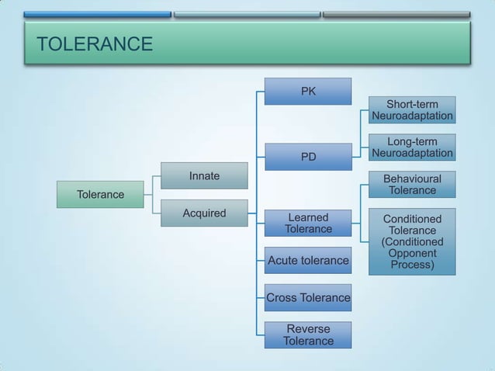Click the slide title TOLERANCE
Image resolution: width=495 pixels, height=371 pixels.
click(95, 44)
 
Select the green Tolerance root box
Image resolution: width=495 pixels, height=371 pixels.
click(100, 194)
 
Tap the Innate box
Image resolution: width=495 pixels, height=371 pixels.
click(204, 176)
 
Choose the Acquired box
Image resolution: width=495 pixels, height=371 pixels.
click(204, 213)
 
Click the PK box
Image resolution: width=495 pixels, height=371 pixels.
click(308, 92)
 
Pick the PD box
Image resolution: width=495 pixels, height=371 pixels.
click(308, 157)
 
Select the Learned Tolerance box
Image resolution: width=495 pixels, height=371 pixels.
click(308, 223)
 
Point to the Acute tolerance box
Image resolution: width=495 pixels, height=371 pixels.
click(308, 260)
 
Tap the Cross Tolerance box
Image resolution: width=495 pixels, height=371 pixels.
click(308, 297)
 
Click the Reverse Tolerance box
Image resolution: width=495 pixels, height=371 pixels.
click(308, 335)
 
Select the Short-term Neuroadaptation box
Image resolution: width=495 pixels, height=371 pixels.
click(412, 110)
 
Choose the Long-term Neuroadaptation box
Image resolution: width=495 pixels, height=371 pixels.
click(412, 147)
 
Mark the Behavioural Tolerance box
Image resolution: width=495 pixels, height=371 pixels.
click(412, 185)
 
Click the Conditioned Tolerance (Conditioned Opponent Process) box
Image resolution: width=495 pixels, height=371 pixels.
click(412, 241)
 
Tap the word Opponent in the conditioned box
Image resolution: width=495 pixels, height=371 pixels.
click(412, 253)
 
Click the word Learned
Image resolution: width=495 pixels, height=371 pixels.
click(308, 217)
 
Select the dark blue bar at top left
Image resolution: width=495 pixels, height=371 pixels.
click(97, 15)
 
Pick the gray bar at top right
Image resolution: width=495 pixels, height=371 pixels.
click(396, 15)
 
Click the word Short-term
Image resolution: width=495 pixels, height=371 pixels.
click(412, 104)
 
